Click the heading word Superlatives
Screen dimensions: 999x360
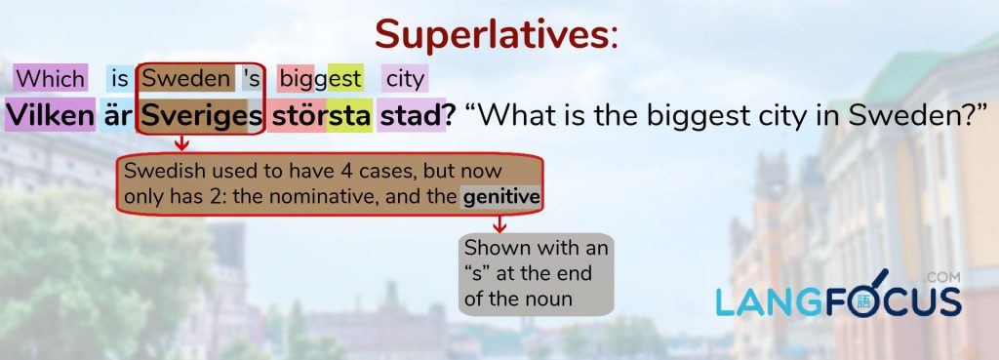[x=493, y=35]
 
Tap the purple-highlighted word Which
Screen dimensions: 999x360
[x=50, y=79]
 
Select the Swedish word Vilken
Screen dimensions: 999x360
[x=50, y=115]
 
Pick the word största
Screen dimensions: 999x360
[x=320, y=116]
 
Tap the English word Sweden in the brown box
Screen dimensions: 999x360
[x=186, y=79]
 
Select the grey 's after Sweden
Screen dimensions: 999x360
[x=252, y=79]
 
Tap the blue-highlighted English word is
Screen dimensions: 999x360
[x=120, y=79]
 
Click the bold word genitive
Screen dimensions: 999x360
[x=501, y=197]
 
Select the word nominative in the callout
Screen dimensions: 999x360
[x=329, y=197]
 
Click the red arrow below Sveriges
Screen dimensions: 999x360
[x=181, y=142]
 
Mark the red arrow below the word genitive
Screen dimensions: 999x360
[x=499, y=223]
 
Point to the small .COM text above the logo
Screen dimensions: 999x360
[x=943, y=278]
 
